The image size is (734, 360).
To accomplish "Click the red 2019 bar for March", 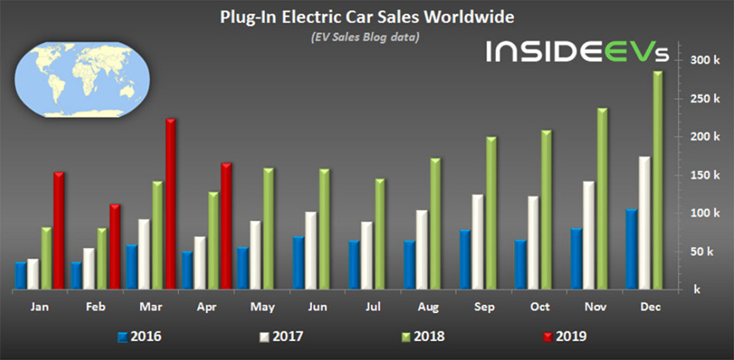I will (171, 204).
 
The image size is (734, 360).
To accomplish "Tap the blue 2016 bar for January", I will (21, 275).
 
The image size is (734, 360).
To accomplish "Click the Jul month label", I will (373, 307).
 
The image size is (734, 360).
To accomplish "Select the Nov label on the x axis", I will (595, 307).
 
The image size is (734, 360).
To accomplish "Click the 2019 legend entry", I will (565, 336).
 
